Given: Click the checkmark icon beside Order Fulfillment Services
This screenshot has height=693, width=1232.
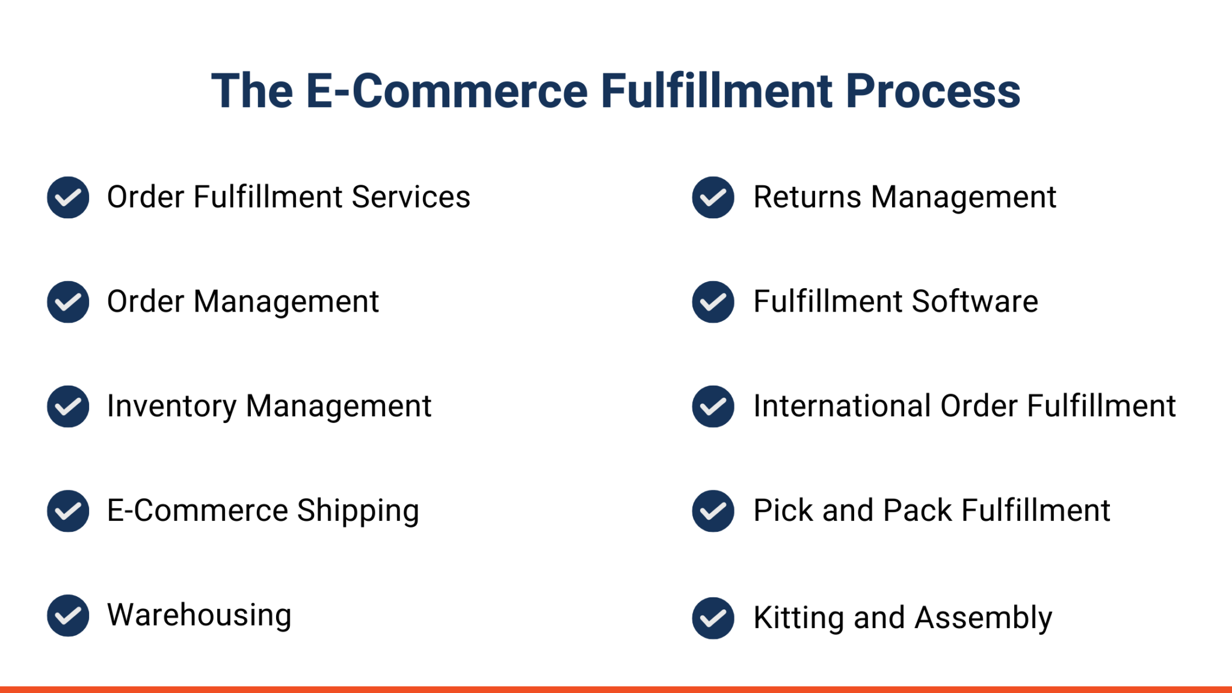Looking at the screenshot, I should click(68, 197).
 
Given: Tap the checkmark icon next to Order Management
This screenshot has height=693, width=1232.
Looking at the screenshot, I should click(68, 302).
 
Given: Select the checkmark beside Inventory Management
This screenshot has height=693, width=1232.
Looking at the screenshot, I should click(68, 407).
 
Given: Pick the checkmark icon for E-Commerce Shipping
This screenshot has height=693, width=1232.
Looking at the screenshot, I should click(68, 511).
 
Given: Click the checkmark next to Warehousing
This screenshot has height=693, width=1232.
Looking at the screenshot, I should click(68, 615).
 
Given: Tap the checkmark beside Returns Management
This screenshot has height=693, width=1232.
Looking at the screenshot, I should click(713, 197).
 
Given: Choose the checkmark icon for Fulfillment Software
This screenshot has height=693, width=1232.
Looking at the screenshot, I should click(713, 302).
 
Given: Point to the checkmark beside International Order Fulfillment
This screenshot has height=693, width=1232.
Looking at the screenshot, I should click(713, 407).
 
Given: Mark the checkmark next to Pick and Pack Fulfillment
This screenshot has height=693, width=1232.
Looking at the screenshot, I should click(713, 511).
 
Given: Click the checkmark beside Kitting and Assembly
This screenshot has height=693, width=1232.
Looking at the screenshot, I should click(713, 618).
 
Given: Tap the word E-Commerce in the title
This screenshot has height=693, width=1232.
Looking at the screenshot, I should click(446, 91).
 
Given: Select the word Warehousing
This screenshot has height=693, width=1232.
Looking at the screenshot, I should click(199, 615).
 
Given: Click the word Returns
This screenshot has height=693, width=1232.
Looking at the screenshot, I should click(807, 197).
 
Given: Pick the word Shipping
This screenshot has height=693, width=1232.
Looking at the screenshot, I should click(358, 511).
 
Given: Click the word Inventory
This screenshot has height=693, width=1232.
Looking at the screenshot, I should click(171, 407).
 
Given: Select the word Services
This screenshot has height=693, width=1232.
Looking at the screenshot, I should click(411, 197).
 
